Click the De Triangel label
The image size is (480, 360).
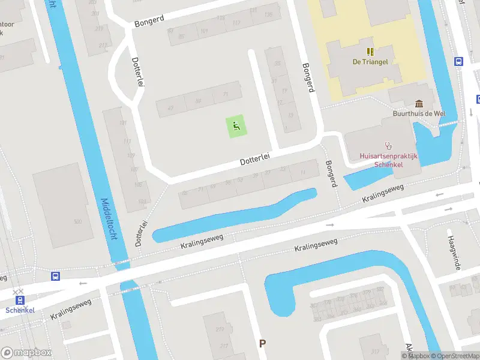click(x=370, y=62)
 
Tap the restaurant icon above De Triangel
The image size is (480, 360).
click(x=370, y=52)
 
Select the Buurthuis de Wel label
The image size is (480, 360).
click(x=418, y=113)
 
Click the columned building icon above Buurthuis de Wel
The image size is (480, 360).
click(x=418, y=103)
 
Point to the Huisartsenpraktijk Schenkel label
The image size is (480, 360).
click(x=388, y=160)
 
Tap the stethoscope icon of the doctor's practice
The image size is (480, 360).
click(x=388, y=145)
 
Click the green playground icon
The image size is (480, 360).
click(x=236, y=126)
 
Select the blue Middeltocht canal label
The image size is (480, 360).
click(x=108, y=220)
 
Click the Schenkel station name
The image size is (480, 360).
click(x=20, y=310)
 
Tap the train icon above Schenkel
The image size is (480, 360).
click(x=20, y=299)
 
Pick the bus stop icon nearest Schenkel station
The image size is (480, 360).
click(x=55, y=276)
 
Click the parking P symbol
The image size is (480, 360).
click(x=262, y=343)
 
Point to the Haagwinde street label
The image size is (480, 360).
click(x=453, y=252)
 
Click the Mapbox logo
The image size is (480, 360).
click(x=26, y=353)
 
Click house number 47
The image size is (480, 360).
click(x=170, y=109)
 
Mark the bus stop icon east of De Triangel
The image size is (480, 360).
click(x=459, y=61)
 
